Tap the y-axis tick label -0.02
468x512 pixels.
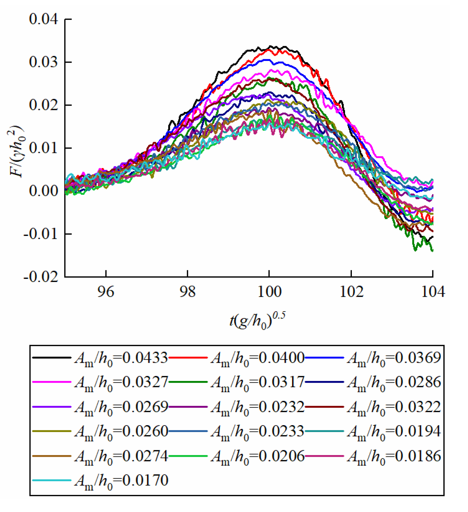(x=41, y=277)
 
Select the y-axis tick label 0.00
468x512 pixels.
(x=43, y=191)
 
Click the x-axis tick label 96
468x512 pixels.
(x=106, y=292)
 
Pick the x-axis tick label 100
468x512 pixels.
(x=269, y=292)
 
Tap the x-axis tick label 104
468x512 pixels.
(x=432, y=292)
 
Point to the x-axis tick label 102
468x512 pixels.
(x=351, y=292)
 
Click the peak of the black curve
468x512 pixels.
(x=270, y=46)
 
